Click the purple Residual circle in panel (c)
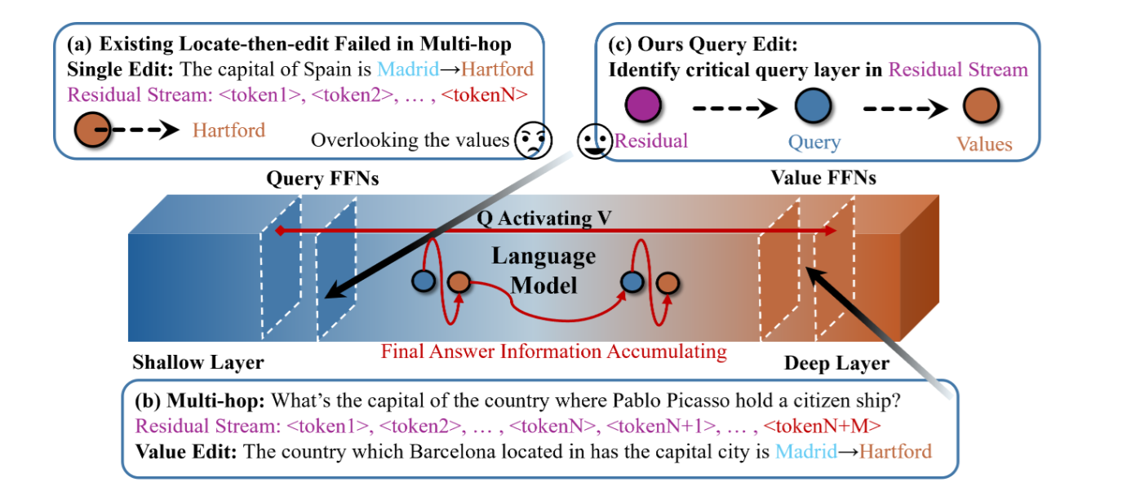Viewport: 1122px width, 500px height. (641, 108)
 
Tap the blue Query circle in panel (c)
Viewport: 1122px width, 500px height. (813, 108)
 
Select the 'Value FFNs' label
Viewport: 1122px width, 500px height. (823, 177)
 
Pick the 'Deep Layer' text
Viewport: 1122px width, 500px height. (836, 363)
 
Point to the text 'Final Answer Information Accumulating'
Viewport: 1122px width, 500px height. (554, 352)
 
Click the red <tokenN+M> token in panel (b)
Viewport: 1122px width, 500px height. (824, 425)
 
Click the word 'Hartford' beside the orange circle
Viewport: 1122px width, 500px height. (229, 130)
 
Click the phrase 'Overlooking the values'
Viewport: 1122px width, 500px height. (409, 140)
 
